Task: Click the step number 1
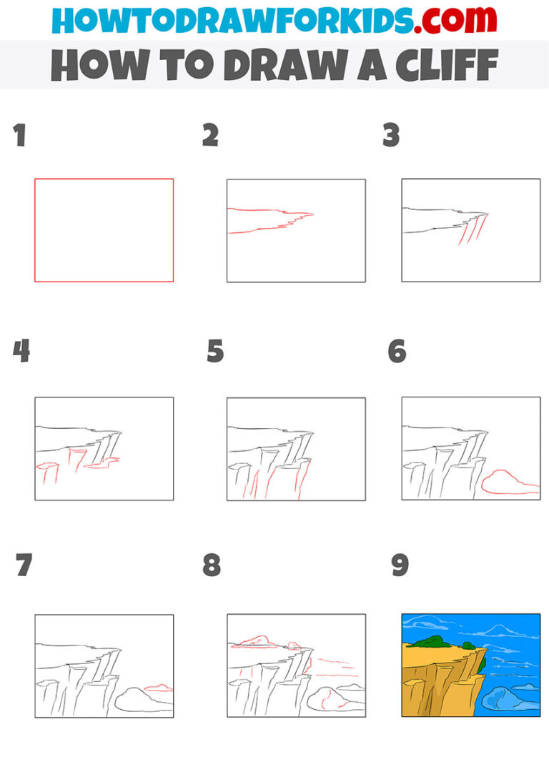[19, 135]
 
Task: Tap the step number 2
[210, 135]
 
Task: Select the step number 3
[390, 135]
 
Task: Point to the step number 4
[21, 351]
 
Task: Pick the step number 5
[215, 351]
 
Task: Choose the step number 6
[397, 351]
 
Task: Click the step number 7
[24, 565]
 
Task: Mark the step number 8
[212, 565]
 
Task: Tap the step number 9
[400, 565]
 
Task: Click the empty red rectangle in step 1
[104, 229]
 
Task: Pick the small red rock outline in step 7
[158, 688]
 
